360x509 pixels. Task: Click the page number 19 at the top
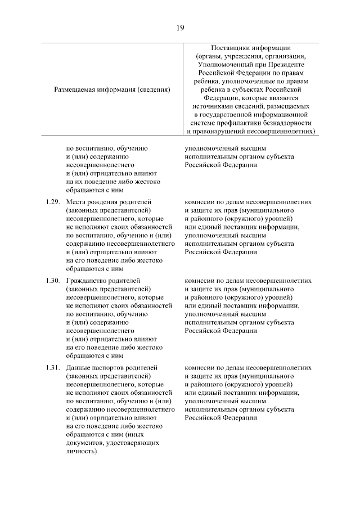180,27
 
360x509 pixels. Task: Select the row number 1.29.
52,201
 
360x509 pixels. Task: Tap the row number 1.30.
52,280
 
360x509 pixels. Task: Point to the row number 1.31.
52,367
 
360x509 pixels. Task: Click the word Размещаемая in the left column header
74,89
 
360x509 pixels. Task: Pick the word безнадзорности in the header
286,123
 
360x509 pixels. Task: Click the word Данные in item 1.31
79,367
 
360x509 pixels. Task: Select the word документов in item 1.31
84,443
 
